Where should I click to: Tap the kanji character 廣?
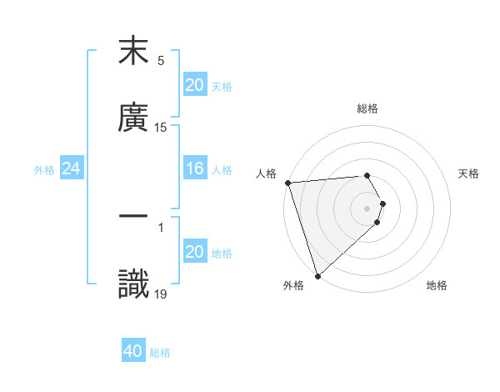click(x=133, y=118)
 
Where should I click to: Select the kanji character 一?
click(x=133, y=216)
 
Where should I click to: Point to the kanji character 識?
click(x=133, y=284)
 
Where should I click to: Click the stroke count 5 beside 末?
click(x=161, y=61)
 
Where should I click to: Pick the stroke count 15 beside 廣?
click(x=161, y=128)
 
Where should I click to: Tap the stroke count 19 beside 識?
click(x=161, y=294)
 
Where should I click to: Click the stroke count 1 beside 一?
click(x=161, y=226)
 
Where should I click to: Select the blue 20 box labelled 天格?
click(x=195, y=85)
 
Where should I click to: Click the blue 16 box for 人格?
click(x=195, y=169)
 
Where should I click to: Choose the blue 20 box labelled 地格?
click(x=195, y=252)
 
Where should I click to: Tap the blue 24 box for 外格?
click(x=72, y=169)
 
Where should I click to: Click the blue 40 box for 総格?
click(x=133, y=352)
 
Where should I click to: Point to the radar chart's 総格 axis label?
click(x=367, y=108)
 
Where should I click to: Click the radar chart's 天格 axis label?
click(x=469, y=173)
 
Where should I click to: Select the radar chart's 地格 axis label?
click(x=437, y=285)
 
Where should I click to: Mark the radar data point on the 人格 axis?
click(x=287, y=183)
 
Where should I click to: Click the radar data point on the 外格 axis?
click(x=317, y=275)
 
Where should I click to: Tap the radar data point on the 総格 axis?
click(x=367, y=175)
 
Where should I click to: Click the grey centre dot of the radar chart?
click(x=367, y=208)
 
